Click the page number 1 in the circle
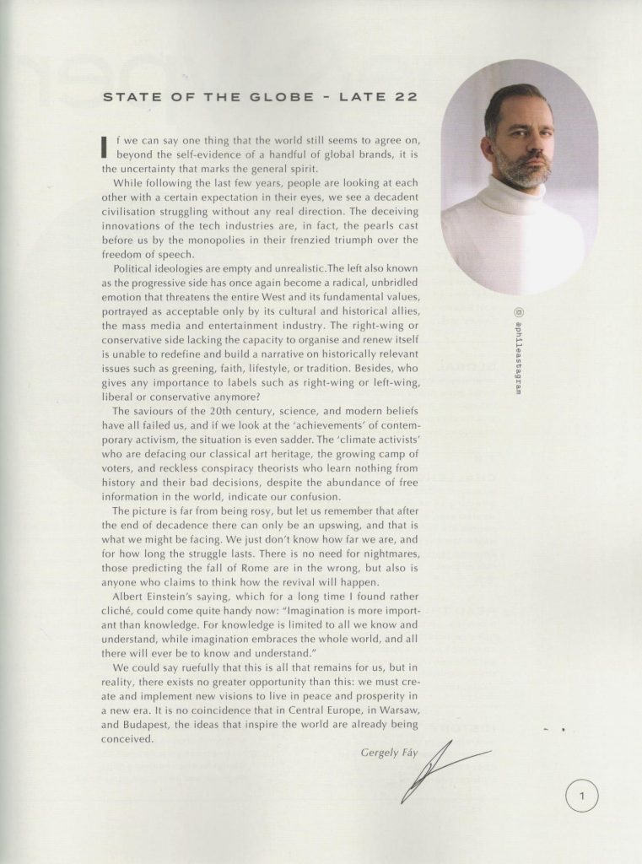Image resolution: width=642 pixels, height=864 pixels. point(582,795)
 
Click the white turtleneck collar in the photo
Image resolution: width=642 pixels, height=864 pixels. point(514,197)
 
